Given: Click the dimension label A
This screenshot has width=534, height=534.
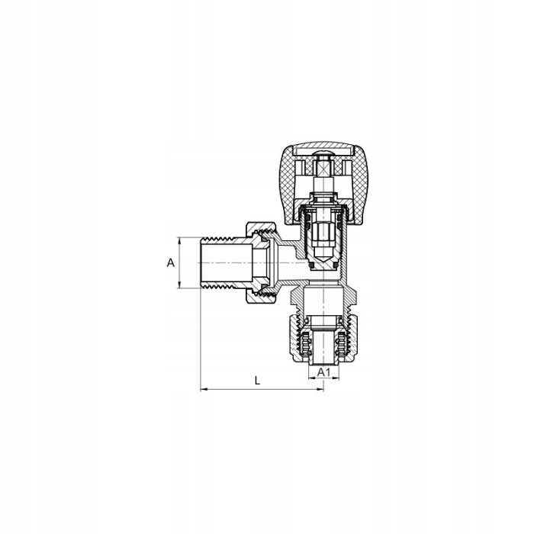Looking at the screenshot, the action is [171, 262].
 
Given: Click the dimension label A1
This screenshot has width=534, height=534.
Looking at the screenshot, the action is [323, 372].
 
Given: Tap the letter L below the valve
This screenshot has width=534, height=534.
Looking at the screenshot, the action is [258, 381].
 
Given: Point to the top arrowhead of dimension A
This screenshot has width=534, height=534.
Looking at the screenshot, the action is [179, 240].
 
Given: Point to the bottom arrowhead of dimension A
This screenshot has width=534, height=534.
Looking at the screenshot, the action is [179, 285].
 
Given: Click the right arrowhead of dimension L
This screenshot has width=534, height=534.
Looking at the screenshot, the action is [320, 389].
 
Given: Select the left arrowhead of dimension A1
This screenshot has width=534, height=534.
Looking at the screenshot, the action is [311, 378].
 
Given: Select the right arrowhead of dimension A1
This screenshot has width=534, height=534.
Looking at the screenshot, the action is [336, 378].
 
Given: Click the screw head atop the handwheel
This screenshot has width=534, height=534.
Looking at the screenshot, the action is [323, 155].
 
